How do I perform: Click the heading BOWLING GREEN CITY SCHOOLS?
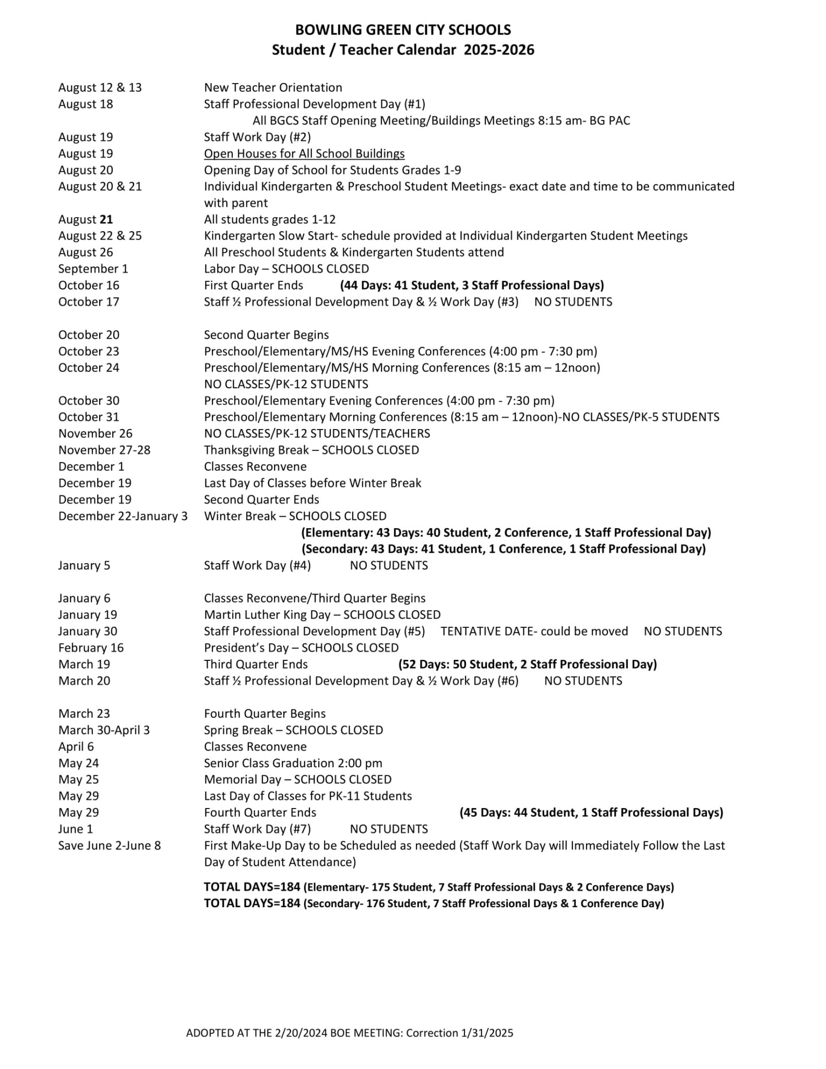click(403, 30)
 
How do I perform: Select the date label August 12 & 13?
click(100, 87)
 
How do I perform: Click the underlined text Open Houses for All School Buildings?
click(304, 153)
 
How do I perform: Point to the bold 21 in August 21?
click(106, 219)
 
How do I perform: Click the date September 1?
click(93, 269)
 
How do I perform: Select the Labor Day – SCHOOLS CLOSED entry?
click(286, 269)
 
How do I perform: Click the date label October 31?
click(89, 417)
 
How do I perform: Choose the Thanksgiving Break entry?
click(311, 450)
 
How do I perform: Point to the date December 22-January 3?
click(123, 516)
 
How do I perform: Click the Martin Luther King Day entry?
click(322, 615)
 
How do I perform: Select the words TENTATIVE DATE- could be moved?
click(534, 632)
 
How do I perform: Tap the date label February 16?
click(91, 648)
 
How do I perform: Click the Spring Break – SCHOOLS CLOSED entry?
click(293, 730)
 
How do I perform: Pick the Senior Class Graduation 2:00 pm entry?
click(293, 763)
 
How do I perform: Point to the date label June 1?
click(75, 829)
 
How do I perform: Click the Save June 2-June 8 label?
click(109, 846)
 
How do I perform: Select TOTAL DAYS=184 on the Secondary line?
click(252, 904)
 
